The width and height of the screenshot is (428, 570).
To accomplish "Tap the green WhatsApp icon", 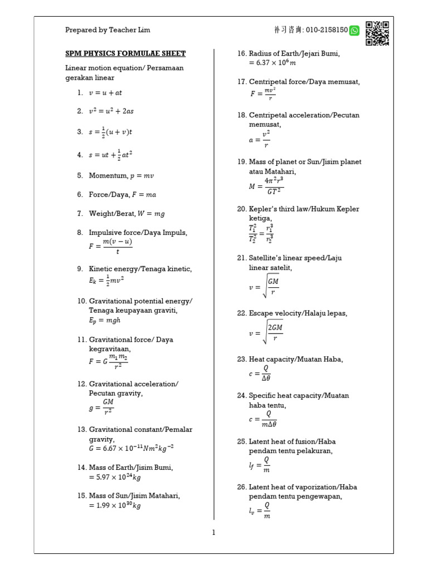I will pyautogui.click(x=354, y=31).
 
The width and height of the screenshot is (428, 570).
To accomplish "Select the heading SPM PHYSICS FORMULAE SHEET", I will pyautogui.click(x=125, y=53).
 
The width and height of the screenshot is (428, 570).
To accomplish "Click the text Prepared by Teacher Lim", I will pyautogui.click(x=108, y=30).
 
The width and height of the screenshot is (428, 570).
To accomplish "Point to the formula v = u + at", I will pyautogui.click(x=105, y=93).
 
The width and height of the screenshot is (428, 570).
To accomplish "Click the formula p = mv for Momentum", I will pyautogui.click(x=142, y=175).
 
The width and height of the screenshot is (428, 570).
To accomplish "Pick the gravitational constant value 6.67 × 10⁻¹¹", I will pyautogui.click(x=127, y=448).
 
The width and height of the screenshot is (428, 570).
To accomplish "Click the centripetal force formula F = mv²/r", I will pyautogui.click(x=262, y=94).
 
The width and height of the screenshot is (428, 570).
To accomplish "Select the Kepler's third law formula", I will pyautogui.click(x=261, y=233).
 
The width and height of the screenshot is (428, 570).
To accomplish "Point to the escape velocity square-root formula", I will pyautogui.click(x=266, y=332).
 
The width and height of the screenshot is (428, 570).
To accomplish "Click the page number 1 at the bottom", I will pyautogui.click(x=213, y=533).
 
